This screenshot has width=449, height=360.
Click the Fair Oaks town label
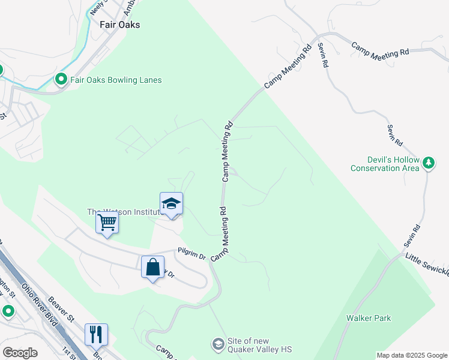click(x=119, y=25)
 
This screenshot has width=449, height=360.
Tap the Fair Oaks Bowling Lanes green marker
click(x=61, y=79)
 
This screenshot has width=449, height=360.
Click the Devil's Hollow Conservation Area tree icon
click(x=429, y=162)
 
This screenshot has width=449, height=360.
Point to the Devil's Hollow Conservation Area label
click(x=385, y=164)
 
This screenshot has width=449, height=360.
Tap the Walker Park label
click(x=369, y=318)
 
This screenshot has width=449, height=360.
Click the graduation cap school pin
click(x=171, y=204)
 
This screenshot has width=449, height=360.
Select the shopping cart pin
click(x=107, y=223)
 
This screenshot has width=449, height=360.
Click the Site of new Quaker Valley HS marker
click(x=217, y=344)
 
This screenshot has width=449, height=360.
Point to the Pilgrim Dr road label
click(x=191, y=254)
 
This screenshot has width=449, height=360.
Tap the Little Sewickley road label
click(x=427, y=265)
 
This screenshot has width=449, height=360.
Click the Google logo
click(x=20, y=352)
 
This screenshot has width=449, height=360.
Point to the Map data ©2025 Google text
click(x=411, y=355)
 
